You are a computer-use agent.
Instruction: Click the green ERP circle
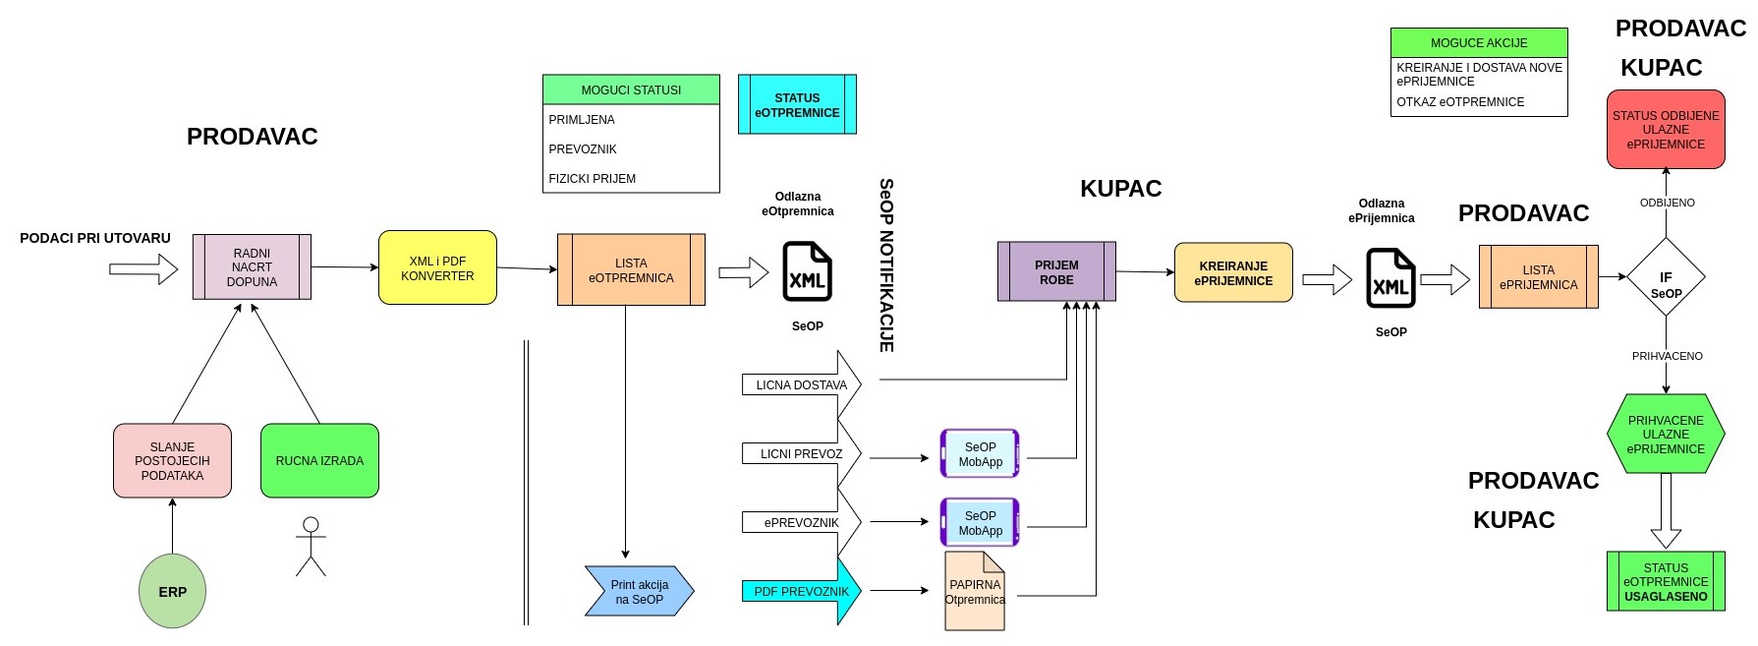(172, 591)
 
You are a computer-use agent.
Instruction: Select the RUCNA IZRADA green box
(319, 460)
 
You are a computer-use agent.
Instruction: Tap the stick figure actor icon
(311, 547)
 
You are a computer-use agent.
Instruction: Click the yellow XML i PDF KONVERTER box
(437, 267)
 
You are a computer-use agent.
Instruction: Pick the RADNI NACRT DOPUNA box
(252, 266)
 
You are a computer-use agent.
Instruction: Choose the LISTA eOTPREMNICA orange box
(631, 269)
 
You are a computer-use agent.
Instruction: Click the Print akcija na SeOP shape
(639, 591)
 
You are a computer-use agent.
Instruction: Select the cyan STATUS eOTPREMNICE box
(797, 104)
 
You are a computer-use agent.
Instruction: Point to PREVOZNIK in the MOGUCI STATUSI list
(583, 149)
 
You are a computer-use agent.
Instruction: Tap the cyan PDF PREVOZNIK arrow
(801, 591)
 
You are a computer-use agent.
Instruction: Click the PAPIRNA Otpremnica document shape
(975, 591)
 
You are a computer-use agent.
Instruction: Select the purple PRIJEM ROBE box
(1056, 271)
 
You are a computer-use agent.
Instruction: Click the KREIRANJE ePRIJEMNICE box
(1233, 272)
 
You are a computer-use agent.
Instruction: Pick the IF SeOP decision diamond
(1666, 277)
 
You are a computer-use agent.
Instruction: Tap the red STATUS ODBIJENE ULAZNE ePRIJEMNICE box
(1666, 129)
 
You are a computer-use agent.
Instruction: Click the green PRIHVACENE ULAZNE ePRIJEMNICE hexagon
(1666, 434)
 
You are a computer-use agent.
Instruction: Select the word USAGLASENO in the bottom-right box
(1666, 597)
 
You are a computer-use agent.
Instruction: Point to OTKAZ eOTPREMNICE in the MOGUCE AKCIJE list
(1460, 102)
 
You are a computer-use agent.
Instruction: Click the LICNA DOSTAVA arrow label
(801, 385)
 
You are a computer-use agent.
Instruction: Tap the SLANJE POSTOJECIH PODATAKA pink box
(172, 460)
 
